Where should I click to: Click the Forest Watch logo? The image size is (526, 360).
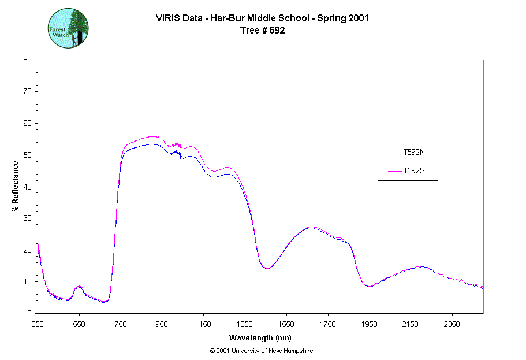click(68, 28)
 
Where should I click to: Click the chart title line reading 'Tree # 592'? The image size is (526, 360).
click(262, 31)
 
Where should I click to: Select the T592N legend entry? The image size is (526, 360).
click(414, 153)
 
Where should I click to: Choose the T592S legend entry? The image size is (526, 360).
click(414, 171)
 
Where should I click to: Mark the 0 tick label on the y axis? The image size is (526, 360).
click(29, 313)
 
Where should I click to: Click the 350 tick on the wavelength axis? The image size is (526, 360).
click(38, 324)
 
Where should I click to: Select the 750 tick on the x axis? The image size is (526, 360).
click(121, 324)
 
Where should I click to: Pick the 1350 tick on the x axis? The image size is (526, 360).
click(245, 324)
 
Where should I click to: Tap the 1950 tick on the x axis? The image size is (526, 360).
click(369, 324)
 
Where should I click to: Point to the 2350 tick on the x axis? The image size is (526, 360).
click(452, 324)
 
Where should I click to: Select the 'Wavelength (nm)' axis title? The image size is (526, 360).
click(260, 337)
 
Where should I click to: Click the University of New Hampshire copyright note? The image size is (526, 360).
click(262, 351)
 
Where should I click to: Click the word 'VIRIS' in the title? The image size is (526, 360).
click(167, 18)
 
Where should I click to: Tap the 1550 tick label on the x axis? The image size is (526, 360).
click(286, 324)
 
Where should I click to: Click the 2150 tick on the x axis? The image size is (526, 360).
click(411, 324)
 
